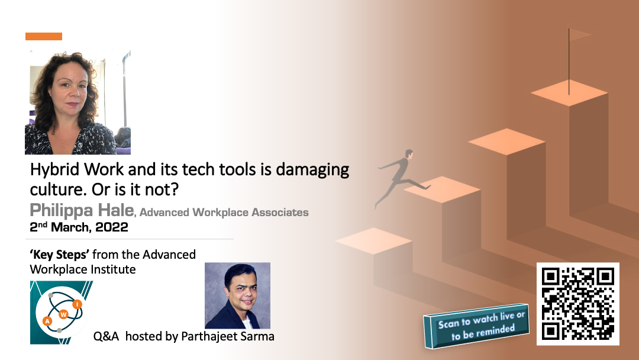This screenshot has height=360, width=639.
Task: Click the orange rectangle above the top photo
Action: (x=44, y=36)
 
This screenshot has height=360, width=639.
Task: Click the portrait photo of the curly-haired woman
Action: (x=78, y=102)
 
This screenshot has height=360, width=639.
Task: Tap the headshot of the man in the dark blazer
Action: (x=238, y=295)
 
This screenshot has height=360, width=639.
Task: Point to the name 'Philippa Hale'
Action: (x=82, y=210)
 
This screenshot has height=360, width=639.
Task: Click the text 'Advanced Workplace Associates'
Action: (x=224, y=213)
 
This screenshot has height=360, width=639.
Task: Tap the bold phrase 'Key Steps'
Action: (x=60, y=255)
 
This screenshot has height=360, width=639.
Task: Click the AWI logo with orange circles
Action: (x=62, y=313)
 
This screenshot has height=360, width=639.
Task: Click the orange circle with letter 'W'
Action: (x=63, y=314)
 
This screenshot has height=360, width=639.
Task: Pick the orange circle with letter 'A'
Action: (x=48, y=322)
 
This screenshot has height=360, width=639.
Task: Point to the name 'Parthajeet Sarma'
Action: (x=227, y=336)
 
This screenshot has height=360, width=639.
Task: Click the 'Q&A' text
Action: (x=106, y=336)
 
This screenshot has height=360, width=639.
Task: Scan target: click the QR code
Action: (x=578, y=304)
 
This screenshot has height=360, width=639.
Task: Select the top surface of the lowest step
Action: (x=374, y=241)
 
